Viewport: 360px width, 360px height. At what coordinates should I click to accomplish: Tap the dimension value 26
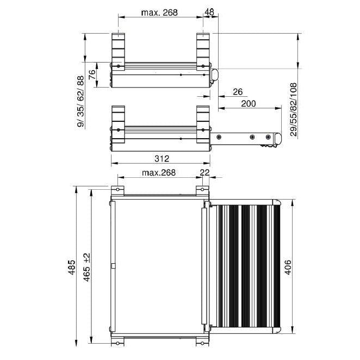[237, 91]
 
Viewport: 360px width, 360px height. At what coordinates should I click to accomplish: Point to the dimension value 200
[248, 103]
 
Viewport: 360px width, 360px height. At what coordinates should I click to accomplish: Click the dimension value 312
[161, 159]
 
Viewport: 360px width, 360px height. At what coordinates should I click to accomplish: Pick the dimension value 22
[205, 172]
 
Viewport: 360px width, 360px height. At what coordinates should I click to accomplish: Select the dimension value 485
[72, 268]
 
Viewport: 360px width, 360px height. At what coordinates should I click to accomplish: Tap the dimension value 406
[288, 268]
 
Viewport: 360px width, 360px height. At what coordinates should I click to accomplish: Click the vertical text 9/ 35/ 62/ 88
[81, 102]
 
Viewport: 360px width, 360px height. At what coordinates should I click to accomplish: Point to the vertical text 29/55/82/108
[294, 109]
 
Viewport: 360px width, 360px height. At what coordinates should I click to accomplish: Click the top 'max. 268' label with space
[159, 12]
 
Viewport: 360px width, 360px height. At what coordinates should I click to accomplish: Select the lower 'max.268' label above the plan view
[159, 172]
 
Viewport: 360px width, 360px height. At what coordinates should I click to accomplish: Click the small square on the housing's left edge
[113, 266]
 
